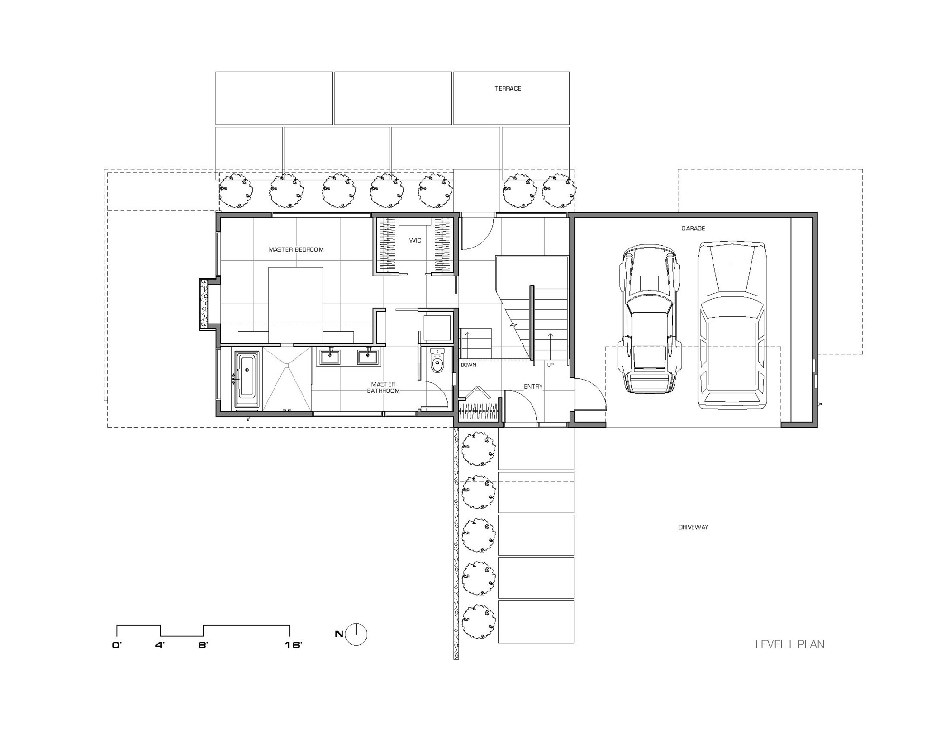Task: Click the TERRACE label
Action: click(507, 88)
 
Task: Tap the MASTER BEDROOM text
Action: click(296, 249)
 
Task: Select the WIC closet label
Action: click(415, 240)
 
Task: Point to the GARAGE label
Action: click(693, 229)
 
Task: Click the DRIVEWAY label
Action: click(693, 527)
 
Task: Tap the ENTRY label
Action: click(533, 386)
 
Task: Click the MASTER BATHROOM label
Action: click(383, 387)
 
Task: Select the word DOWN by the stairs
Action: click(468, 365)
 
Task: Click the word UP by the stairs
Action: click(550, 365)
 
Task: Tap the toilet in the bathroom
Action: click(437, 360)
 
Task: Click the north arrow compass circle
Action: click(356, 634)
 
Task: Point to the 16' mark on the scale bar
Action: click(294, 645)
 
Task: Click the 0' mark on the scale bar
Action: click(117, 645)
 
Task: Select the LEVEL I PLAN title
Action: click(790, 644)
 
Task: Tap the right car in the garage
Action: click(732, 325)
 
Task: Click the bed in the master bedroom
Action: click(296, 305)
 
